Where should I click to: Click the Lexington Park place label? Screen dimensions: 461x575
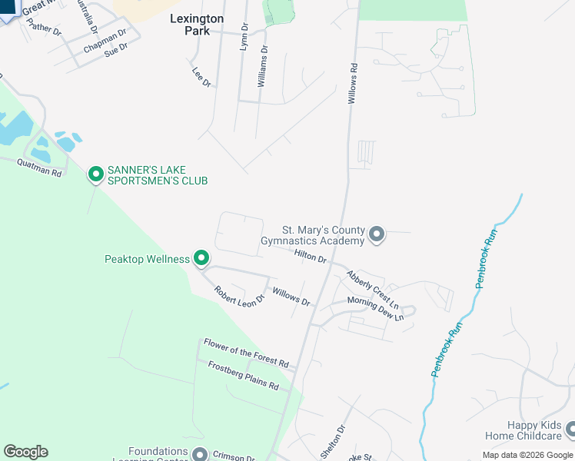pyautogui.click(x=197, y=25)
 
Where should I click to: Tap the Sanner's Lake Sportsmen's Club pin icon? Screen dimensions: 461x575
pyautogui.click(x=96, y=175)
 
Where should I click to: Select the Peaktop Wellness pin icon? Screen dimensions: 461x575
pyautogui.click(x=201, y=259)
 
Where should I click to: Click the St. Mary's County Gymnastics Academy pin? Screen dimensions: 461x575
pyautogui.click(x=376, y=234)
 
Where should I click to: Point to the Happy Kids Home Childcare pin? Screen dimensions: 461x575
pyautogui.click(x=570, y=429)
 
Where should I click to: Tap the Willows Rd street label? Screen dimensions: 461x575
pyautogui.click(x=354, y=84)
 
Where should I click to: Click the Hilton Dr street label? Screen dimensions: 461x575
pyautogui.click(x=311, y=256)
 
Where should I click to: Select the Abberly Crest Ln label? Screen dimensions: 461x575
pyautogui.click(x=372, y=288)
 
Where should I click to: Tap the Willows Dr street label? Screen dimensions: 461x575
pyautogui.click(x=291, y=296)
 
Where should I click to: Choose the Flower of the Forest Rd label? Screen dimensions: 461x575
pyautogui.click(x=245, y=353)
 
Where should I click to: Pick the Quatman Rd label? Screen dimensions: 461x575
pyautogui.click(x=38, y=167)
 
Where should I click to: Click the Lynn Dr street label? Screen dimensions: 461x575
pyautogui.click(x=244, y=37)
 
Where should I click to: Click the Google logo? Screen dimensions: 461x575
pyautogui.click(x=25, y=452)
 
